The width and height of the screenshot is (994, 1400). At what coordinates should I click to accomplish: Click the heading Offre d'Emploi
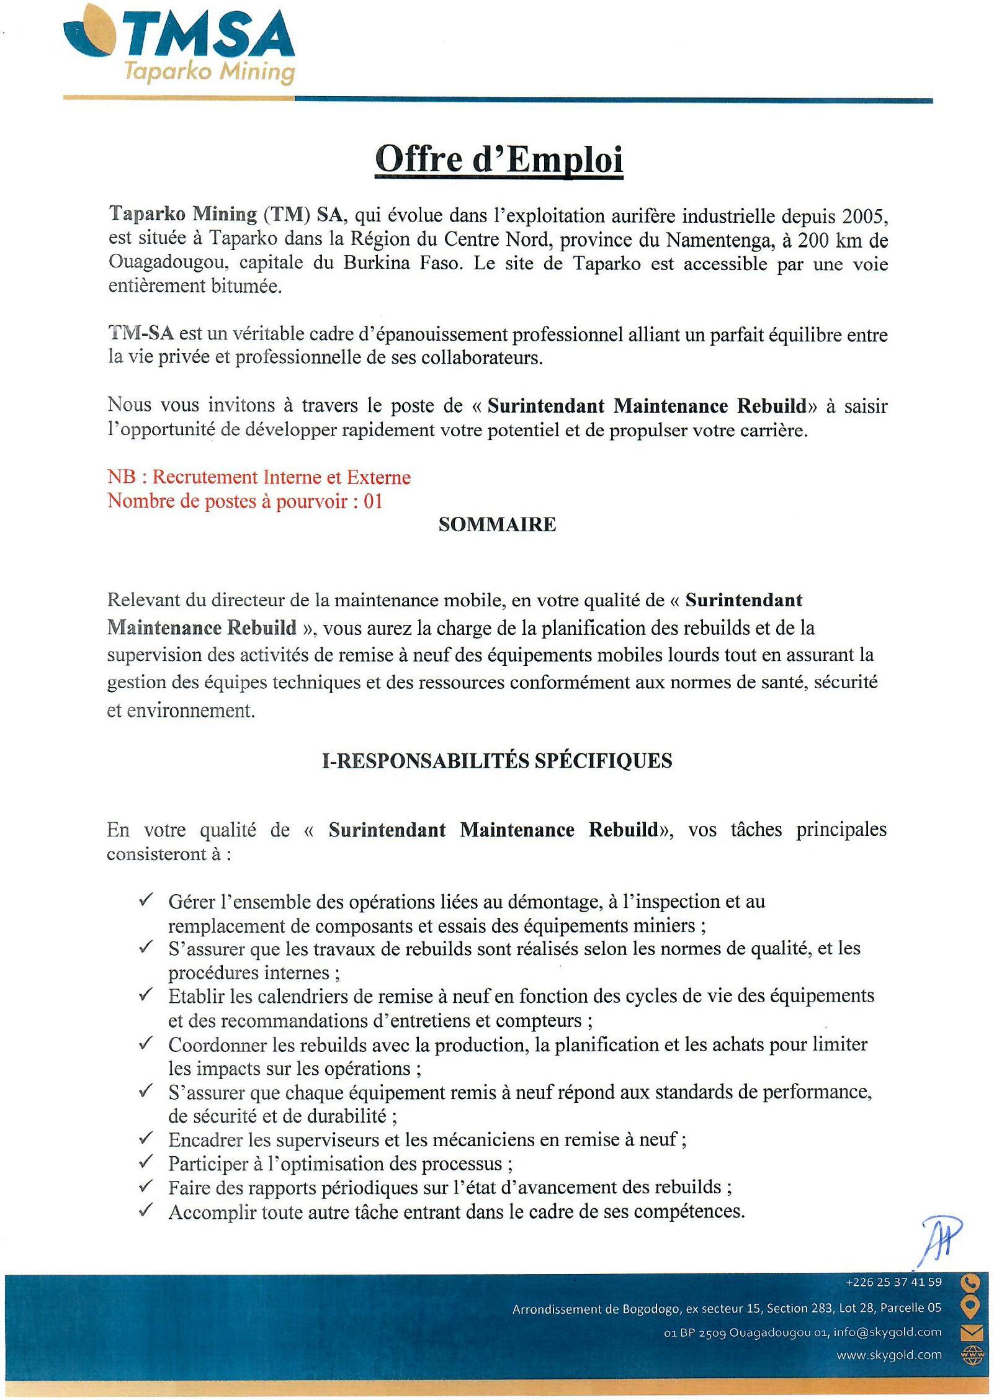coord(499,159)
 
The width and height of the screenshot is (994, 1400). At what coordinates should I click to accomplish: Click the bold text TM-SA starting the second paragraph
coord(141,334)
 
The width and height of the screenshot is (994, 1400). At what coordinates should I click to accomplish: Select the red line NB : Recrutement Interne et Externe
coord(259,477)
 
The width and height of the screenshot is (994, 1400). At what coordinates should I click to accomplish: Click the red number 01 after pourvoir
coord(373,501)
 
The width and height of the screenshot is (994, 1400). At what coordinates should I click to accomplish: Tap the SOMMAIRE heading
coord(497,525)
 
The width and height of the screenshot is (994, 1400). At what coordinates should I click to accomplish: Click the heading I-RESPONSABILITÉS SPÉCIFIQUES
coord(497,761)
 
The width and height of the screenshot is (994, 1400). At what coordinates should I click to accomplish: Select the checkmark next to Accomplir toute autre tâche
coord(146,1210)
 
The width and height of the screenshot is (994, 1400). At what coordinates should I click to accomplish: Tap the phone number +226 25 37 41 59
coord(893,1282)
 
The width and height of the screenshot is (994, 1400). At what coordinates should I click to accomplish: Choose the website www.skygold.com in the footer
coord(889,1355)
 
